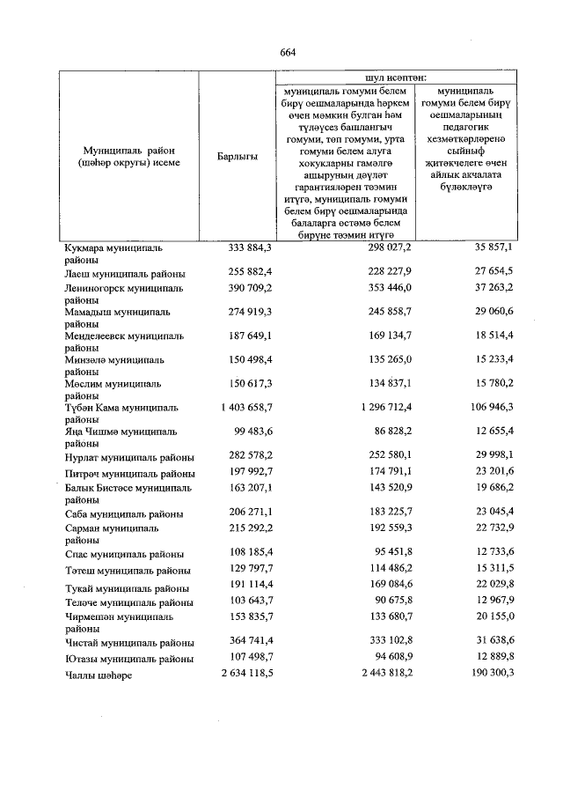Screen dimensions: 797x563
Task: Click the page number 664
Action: click(x=287, y=52)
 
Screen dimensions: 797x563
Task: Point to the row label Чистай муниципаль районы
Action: click(x=129, y=643)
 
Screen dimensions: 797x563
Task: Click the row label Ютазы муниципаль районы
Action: click(x=129, y=659)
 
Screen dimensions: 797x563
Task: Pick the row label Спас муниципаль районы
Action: click(x=123, y=555)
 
